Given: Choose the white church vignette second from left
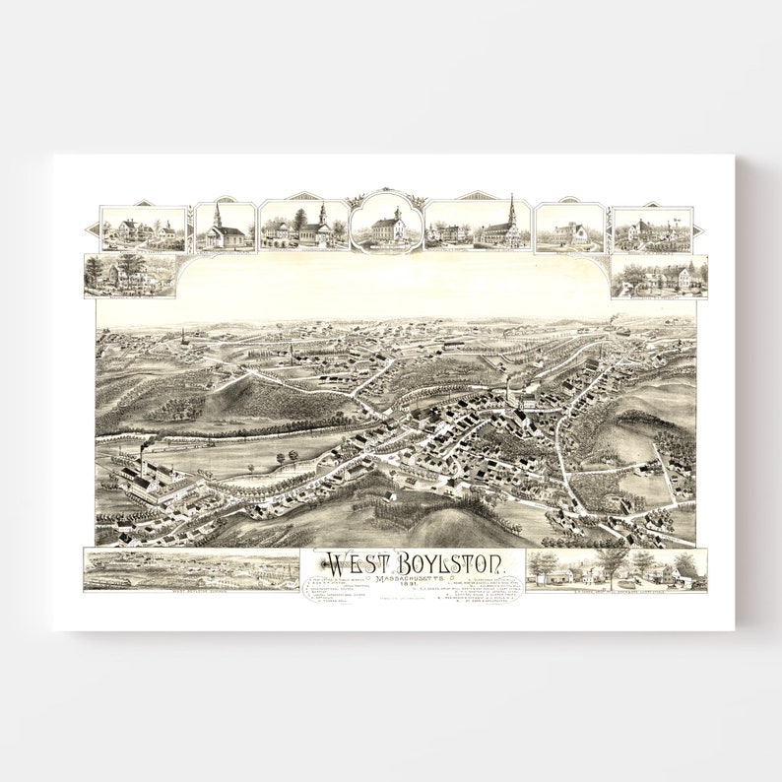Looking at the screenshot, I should coord(225,228).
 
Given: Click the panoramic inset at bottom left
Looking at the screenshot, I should coord(191,570).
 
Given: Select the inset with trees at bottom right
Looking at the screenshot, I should coord(616,569).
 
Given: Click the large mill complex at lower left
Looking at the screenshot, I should coord(158,482).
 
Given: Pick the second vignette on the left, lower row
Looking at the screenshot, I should coord(131,276).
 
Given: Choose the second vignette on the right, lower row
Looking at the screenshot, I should coord(658,277).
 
